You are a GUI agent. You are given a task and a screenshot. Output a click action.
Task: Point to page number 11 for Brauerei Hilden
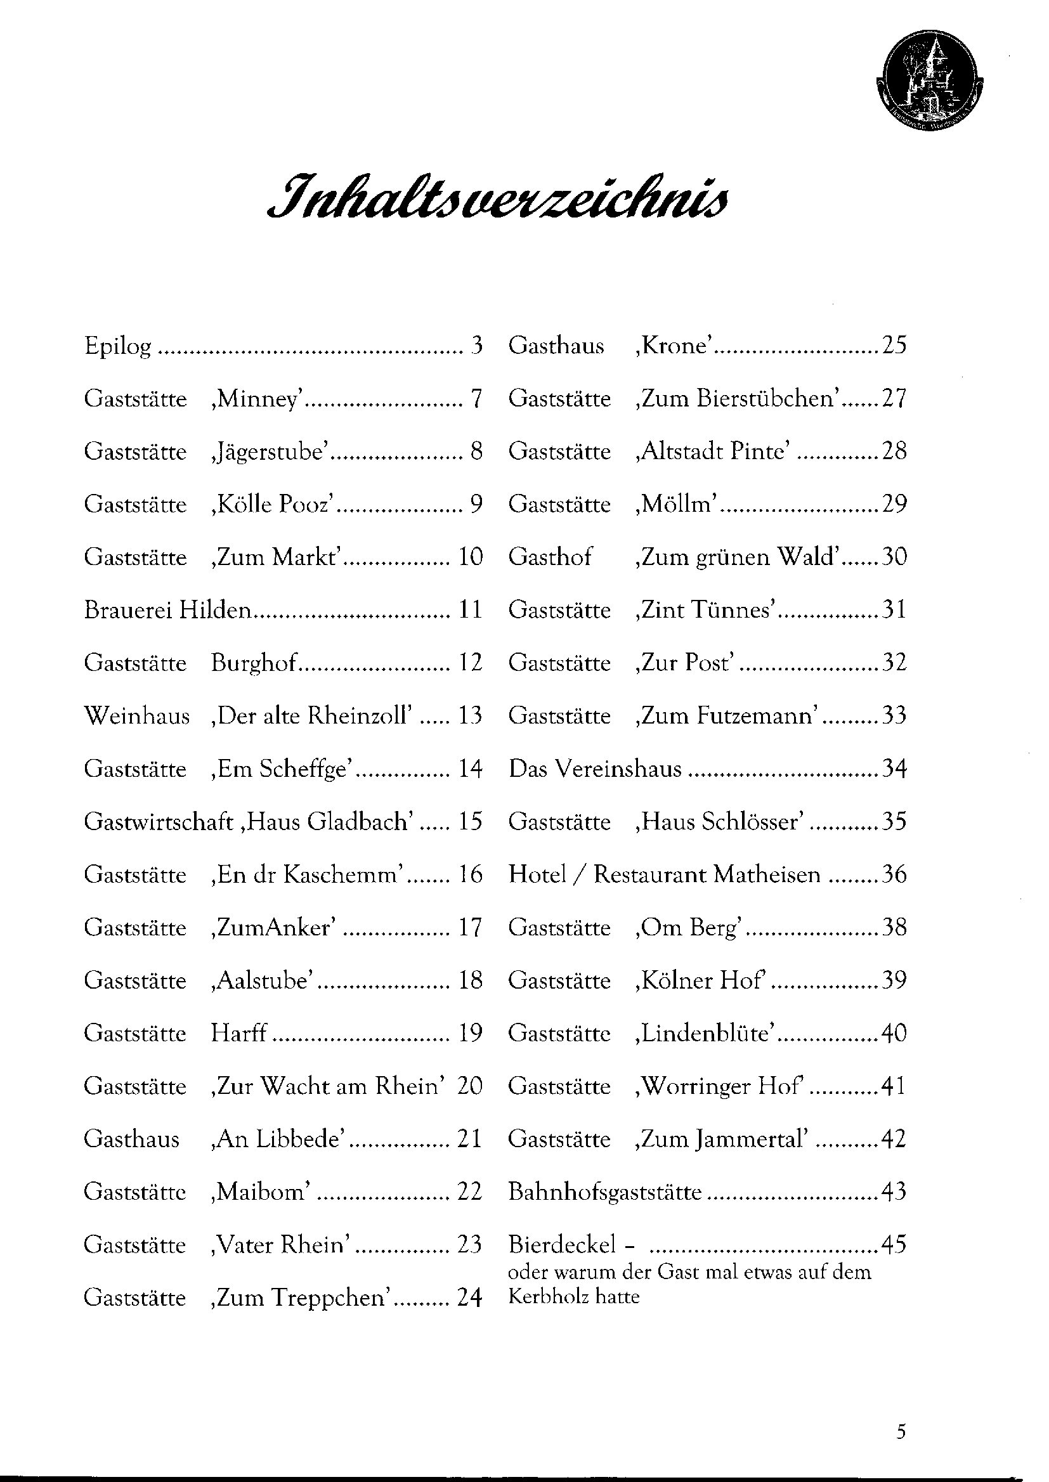point(470,610)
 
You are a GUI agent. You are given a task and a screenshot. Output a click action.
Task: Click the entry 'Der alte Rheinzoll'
point(311,716)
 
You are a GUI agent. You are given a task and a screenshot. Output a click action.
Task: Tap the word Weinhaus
point(137,716)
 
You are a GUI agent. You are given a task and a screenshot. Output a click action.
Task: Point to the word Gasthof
point(550,557)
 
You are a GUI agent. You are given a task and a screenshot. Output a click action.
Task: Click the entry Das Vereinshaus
point(595,769)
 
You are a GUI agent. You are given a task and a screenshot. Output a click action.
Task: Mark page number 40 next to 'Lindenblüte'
point(894,1034)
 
